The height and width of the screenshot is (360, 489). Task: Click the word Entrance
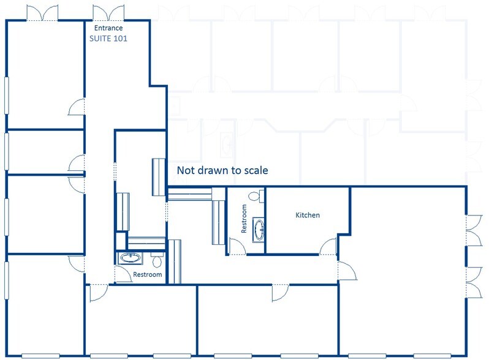108,28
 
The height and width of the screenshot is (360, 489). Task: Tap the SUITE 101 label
108,39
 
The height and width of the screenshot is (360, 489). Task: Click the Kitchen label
308,215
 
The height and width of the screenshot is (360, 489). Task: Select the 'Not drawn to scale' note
222,170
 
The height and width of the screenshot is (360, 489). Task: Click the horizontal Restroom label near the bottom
148,275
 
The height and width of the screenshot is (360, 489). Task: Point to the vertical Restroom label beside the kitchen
244,219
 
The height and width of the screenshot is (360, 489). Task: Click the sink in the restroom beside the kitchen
259,230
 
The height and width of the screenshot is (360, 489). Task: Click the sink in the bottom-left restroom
130,258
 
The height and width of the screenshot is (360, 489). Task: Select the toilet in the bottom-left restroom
157,261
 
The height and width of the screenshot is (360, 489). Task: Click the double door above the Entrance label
108,13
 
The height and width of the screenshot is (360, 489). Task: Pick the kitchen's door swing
328,247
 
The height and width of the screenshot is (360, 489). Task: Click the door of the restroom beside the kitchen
237,247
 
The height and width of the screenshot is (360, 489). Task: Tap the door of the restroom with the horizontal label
123,274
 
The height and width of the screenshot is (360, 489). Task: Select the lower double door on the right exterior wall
474,282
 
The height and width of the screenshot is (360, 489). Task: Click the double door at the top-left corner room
42,13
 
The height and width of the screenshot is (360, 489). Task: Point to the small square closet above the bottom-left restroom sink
121,241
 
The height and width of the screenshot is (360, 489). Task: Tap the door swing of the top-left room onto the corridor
77,107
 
